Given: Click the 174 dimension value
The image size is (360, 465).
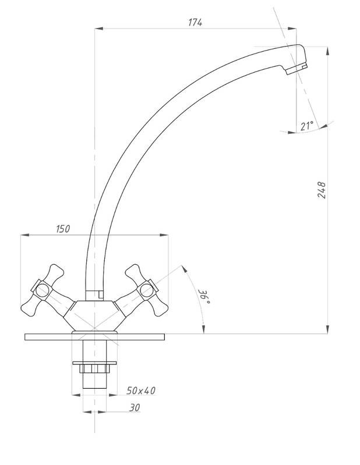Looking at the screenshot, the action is click(x=195, y=22).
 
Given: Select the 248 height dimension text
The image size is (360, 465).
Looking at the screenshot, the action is click(x=322, y=190).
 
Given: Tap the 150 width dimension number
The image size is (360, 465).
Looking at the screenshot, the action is click(x=63, y=229).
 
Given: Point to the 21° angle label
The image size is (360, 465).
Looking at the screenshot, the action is click(x=306, y=126).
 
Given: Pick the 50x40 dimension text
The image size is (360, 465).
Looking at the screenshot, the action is click(x=141, y=391).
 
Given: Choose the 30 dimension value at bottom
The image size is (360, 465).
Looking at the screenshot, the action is click(x=135, y=407).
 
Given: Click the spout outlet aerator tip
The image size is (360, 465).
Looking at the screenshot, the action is click(x=297, y=69).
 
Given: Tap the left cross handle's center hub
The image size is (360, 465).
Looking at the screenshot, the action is click(x=41, y=290).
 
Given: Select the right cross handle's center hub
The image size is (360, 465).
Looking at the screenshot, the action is click(x=147, y=290).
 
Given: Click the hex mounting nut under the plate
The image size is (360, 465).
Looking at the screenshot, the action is click(x=94, y=368).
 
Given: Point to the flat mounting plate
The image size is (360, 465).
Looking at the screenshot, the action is click(x=94, y=337).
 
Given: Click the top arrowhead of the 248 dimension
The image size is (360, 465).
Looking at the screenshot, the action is click(x=327, y=51).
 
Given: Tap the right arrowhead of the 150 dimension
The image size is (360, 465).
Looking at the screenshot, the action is click(x=164, y=235).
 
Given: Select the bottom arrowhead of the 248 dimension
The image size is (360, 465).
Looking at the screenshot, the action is click(x=327, y=329).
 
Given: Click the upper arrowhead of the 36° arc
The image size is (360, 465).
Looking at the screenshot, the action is click(x=184, y=269).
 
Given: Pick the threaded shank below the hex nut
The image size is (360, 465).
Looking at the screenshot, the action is click(x=94, y=380).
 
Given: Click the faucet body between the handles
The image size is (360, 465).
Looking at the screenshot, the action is click(x=94, y=316).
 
